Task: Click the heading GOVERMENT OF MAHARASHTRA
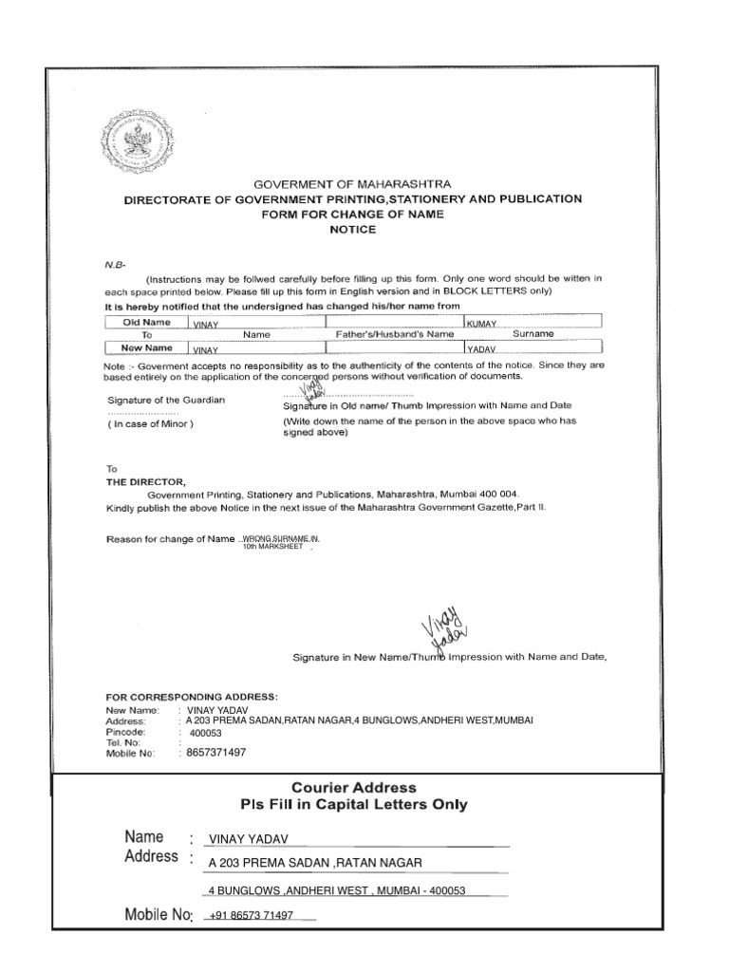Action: tap(352, 183)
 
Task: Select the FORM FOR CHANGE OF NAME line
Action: tap(352, 215)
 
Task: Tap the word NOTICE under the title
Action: tap(352, 230)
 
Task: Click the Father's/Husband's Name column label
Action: tap(393, 335)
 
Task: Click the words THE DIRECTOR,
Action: tap(140, 482)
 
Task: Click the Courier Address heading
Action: tap(353, 788)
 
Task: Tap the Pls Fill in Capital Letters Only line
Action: tap(353, 806)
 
